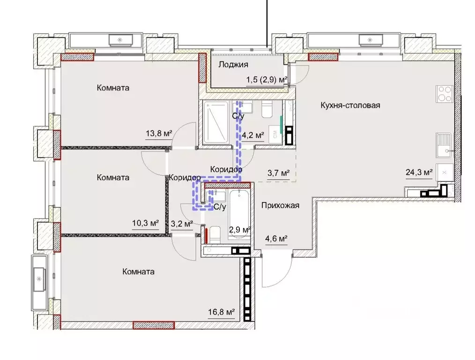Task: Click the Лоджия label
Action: [x=233, y=65]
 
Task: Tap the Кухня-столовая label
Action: [x=350, y=105]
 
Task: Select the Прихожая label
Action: [x=280, y=205]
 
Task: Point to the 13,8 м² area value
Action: [x=159, y=133]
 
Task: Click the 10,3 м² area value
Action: [x=145, y=223]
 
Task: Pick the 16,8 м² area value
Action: [x=222, y=312]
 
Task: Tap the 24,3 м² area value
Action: [x=419, y=172]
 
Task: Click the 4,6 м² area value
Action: [x=276, y=239]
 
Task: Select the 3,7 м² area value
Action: [x=278, y=173]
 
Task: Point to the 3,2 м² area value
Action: [x=182, y=224]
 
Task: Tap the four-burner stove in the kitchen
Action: [x=445, y=94]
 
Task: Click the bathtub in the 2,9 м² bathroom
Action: [x=239, y=214]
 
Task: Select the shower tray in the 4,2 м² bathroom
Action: [x=216, y=123]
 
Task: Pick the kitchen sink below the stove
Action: [x=445, y=145]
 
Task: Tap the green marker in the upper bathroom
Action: [x=282, y=125]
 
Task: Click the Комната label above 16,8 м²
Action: [x=139, y=271]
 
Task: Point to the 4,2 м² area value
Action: [x=253, y=135]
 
